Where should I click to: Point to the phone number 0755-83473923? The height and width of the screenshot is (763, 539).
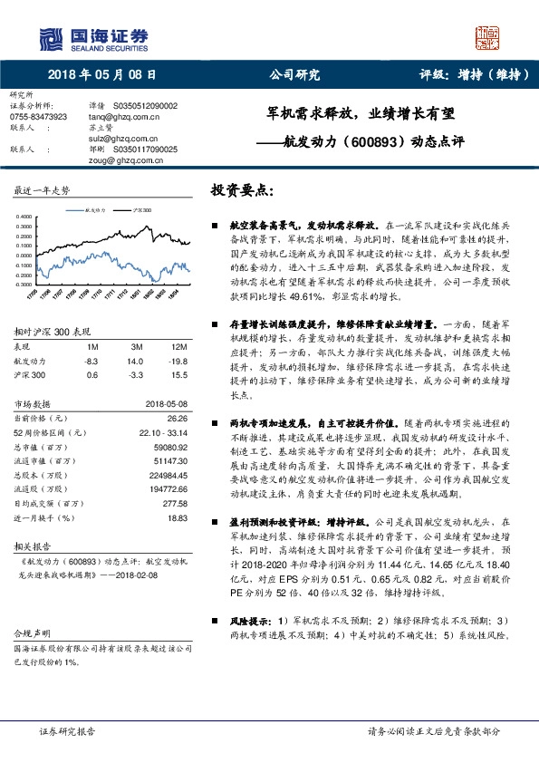pyautogui.click(x=38, y=117)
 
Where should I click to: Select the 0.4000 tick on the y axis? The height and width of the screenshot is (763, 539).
pyautogui.click(x=24, y=217)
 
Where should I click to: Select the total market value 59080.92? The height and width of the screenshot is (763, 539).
pyautogui.click(x=171, y=448)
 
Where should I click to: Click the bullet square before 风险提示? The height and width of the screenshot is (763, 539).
pyautogui.click(x=215, y=621)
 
